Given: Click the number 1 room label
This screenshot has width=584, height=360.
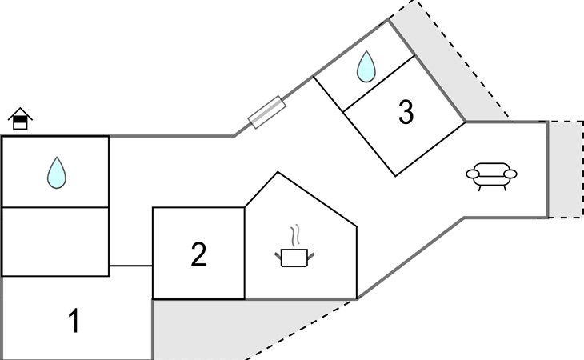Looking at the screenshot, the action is click(74, 321).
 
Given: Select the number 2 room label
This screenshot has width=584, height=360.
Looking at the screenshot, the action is click(198, 254).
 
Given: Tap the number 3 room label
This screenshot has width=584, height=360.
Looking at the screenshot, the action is click(406, 112).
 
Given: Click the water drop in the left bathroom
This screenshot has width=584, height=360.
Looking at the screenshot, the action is click(57, 173).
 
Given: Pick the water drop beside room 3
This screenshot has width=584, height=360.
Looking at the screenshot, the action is click(366, 66).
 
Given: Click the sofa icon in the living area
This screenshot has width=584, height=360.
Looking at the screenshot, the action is click(492, 177).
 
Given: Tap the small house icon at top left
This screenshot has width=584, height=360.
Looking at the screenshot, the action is click(20, 118).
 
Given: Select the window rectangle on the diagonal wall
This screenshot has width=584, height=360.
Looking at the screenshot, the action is click(267, 112).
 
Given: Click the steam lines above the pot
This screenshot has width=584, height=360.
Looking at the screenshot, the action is click(295, 235).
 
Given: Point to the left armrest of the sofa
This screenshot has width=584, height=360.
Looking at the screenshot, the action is click(473, 174).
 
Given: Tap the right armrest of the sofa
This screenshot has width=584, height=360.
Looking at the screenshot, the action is click(510, 174).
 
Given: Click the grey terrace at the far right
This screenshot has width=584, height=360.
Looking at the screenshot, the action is click(566, 170).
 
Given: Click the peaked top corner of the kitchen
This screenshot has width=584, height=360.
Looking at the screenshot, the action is click(278, 172).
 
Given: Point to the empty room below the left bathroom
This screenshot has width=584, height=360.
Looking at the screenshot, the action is click(55, 242).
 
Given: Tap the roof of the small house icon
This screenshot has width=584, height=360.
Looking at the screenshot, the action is click(20, 114).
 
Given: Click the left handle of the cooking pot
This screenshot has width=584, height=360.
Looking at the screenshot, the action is click(278, 256).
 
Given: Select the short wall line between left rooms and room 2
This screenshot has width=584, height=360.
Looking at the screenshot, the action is click(130, 266).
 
